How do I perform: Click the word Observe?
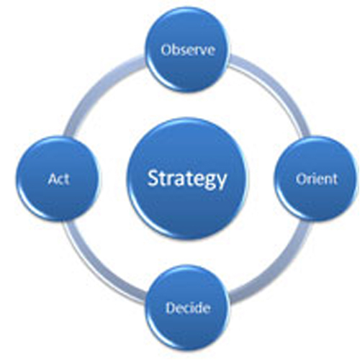188,50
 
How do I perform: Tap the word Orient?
317,179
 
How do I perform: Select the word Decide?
188,307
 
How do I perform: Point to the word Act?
59,179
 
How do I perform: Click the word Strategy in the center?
187,179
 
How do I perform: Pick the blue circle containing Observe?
188,49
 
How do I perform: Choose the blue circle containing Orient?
315,179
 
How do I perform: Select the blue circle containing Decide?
188,308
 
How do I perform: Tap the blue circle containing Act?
58,179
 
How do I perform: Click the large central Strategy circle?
187,179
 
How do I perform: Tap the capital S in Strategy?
153,178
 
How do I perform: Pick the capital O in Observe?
166,50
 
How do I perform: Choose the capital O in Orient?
301,179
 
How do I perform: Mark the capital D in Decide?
171,307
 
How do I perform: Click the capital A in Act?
53,179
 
